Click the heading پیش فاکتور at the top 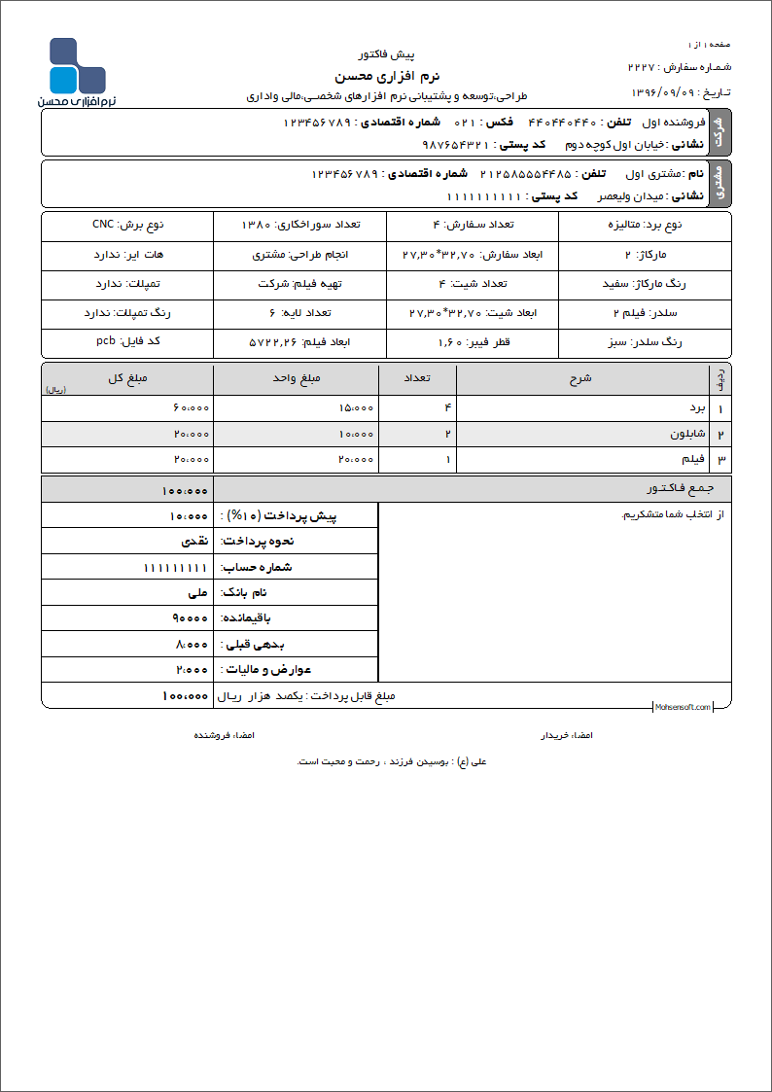(x=387, y=55)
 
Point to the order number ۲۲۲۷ (x=642, y=68)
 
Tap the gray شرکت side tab (x=719, y=132)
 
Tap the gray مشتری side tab (x=719, y=184)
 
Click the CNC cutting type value (x=103, y=225)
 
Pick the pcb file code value (x=106, y=341)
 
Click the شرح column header (x=580, y=379)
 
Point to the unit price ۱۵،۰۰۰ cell (x=356, y=408)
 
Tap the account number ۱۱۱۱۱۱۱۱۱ (x=176, y=567)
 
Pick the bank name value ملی (x=197, y=592)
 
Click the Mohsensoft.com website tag (x=682, y=707)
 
